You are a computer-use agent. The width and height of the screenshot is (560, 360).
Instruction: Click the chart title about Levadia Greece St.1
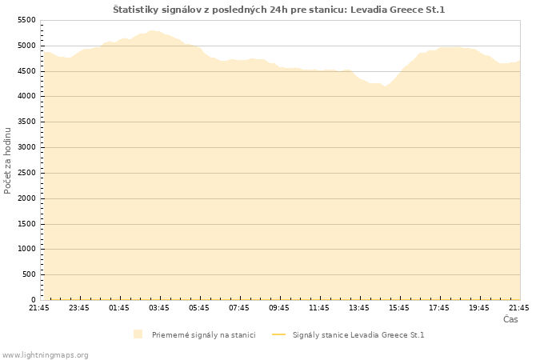point(279,10)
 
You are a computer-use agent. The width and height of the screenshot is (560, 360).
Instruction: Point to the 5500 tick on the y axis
point(26,20)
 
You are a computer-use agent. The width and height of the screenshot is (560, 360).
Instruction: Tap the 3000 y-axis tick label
point(26,147)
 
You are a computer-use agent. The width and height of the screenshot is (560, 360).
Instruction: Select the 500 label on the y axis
point(28,274)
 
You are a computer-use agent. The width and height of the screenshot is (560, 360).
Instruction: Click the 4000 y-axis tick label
point(26,97)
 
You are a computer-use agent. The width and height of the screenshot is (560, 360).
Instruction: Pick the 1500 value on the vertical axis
point(26,224)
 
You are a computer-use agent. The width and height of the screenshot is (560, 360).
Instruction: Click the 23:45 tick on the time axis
point(79,307)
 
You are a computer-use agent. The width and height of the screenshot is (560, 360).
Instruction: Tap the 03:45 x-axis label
point(159,307)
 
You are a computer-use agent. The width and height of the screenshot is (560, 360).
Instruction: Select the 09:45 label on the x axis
point(279,307)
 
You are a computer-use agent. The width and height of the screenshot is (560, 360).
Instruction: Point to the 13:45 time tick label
point(359,307)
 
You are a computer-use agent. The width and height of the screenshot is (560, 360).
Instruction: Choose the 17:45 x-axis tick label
point(439,307)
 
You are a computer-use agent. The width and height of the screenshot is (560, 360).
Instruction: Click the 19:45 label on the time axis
point(479,307)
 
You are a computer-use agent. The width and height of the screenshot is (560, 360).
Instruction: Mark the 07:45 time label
point(239,307)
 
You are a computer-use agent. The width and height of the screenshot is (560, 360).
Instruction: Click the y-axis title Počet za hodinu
point(8,160)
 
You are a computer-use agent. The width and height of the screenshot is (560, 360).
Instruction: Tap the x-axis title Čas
point(510,319)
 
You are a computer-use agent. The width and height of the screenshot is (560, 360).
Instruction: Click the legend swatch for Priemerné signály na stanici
point(138,334)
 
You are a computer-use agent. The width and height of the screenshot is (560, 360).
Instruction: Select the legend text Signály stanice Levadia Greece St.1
point(358,334)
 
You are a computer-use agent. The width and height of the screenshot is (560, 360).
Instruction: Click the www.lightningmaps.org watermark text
point(46,354)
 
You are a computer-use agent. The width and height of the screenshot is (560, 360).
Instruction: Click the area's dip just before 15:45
point(386,86)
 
